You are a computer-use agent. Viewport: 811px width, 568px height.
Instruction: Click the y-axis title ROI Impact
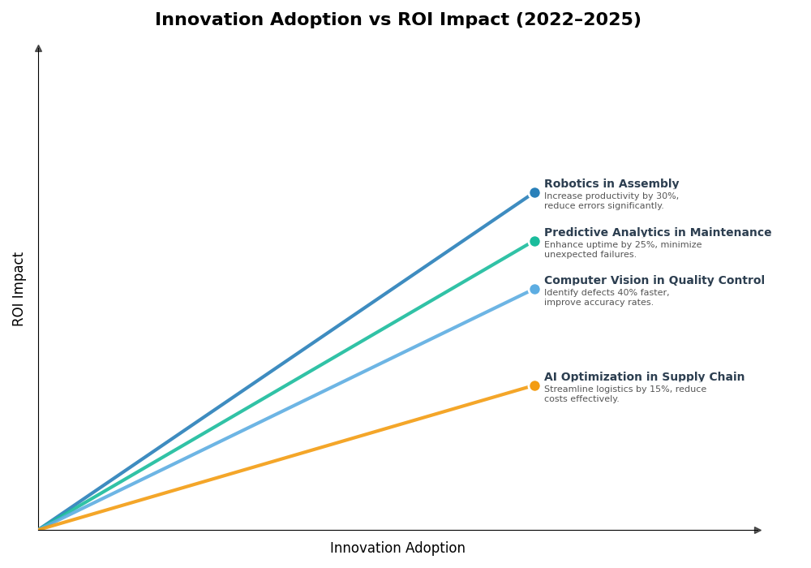click(x=19, y=289)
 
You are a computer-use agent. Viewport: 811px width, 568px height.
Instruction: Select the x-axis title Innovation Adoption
click(x=397, y=549)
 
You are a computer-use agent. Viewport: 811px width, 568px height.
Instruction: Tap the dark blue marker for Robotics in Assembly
click(x=534, y=193)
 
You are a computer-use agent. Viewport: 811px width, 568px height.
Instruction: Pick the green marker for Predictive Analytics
click(x=534, y=241)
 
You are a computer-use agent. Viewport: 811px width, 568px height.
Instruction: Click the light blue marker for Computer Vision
click(x=534, y=290)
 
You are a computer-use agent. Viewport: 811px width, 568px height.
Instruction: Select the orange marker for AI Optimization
click(x=534, y=386)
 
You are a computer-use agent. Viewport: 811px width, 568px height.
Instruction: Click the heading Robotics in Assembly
click(x=611, y=184)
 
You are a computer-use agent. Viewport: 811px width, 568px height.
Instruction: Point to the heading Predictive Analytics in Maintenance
click(x=658, y=233)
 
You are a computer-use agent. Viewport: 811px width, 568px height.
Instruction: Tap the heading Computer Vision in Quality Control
click(x=654, y=281)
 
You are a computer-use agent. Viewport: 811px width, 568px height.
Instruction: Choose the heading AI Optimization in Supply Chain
click(x=644, y=377)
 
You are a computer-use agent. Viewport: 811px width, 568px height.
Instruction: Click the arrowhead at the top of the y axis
click(x=38, y=49)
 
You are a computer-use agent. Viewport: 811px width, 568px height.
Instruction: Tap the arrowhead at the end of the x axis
click(x=757, y=530)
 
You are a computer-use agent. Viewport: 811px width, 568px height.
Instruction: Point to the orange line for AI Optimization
click(x=284, y=458)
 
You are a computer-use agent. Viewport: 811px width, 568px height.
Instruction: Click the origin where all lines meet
click(x=39, y=529)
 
